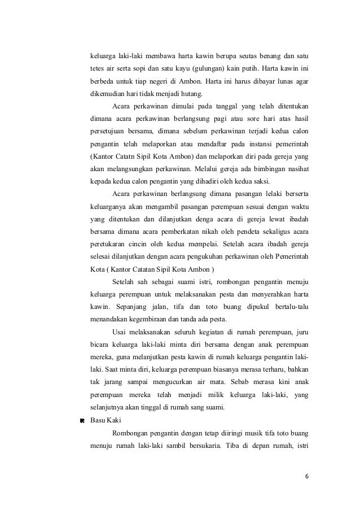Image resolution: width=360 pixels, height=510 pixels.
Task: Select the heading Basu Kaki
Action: click(x=107, y=421)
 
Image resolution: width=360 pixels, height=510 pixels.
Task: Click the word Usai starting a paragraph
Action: click(x=121, y=332)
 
